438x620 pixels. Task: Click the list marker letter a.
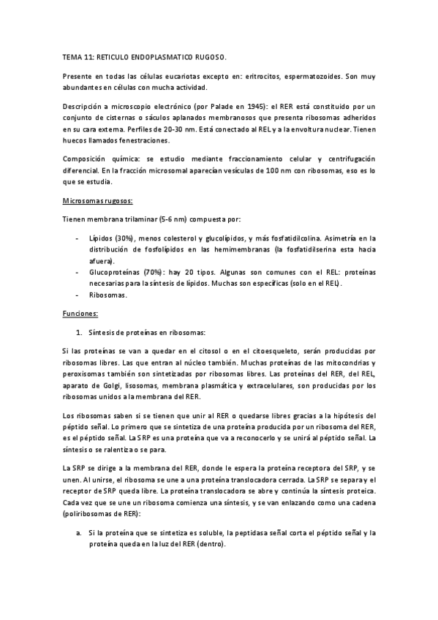(x=78, y=533)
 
